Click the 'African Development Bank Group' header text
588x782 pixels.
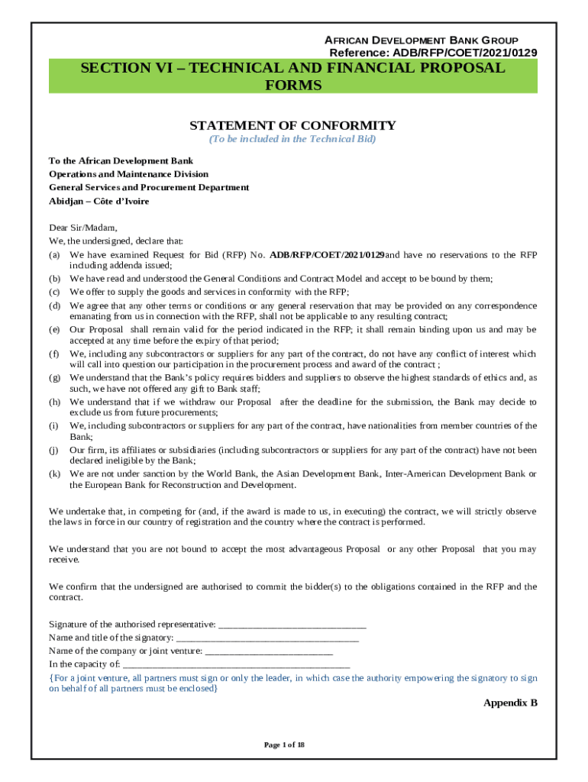coord(422,40)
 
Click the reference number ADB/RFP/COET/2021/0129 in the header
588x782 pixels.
coord(432,53)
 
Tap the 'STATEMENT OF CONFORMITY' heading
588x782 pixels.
coord(292,125)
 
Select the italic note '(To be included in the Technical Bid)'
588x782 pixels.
coord(292,140)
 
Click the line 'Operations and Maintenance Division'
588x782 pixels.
coord(128,174)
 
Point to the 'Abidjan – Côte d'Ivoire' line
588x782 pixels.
coord(99,201)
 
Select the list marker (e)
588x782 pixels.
coord(55,329)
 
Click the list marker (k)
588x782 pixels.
coord(55,473)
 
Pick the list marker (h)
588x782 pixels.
coord(55,402)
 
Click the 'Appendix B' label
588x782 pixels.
coord(510,703)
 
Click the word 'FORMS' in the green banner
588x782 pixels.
coord(292,85)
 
